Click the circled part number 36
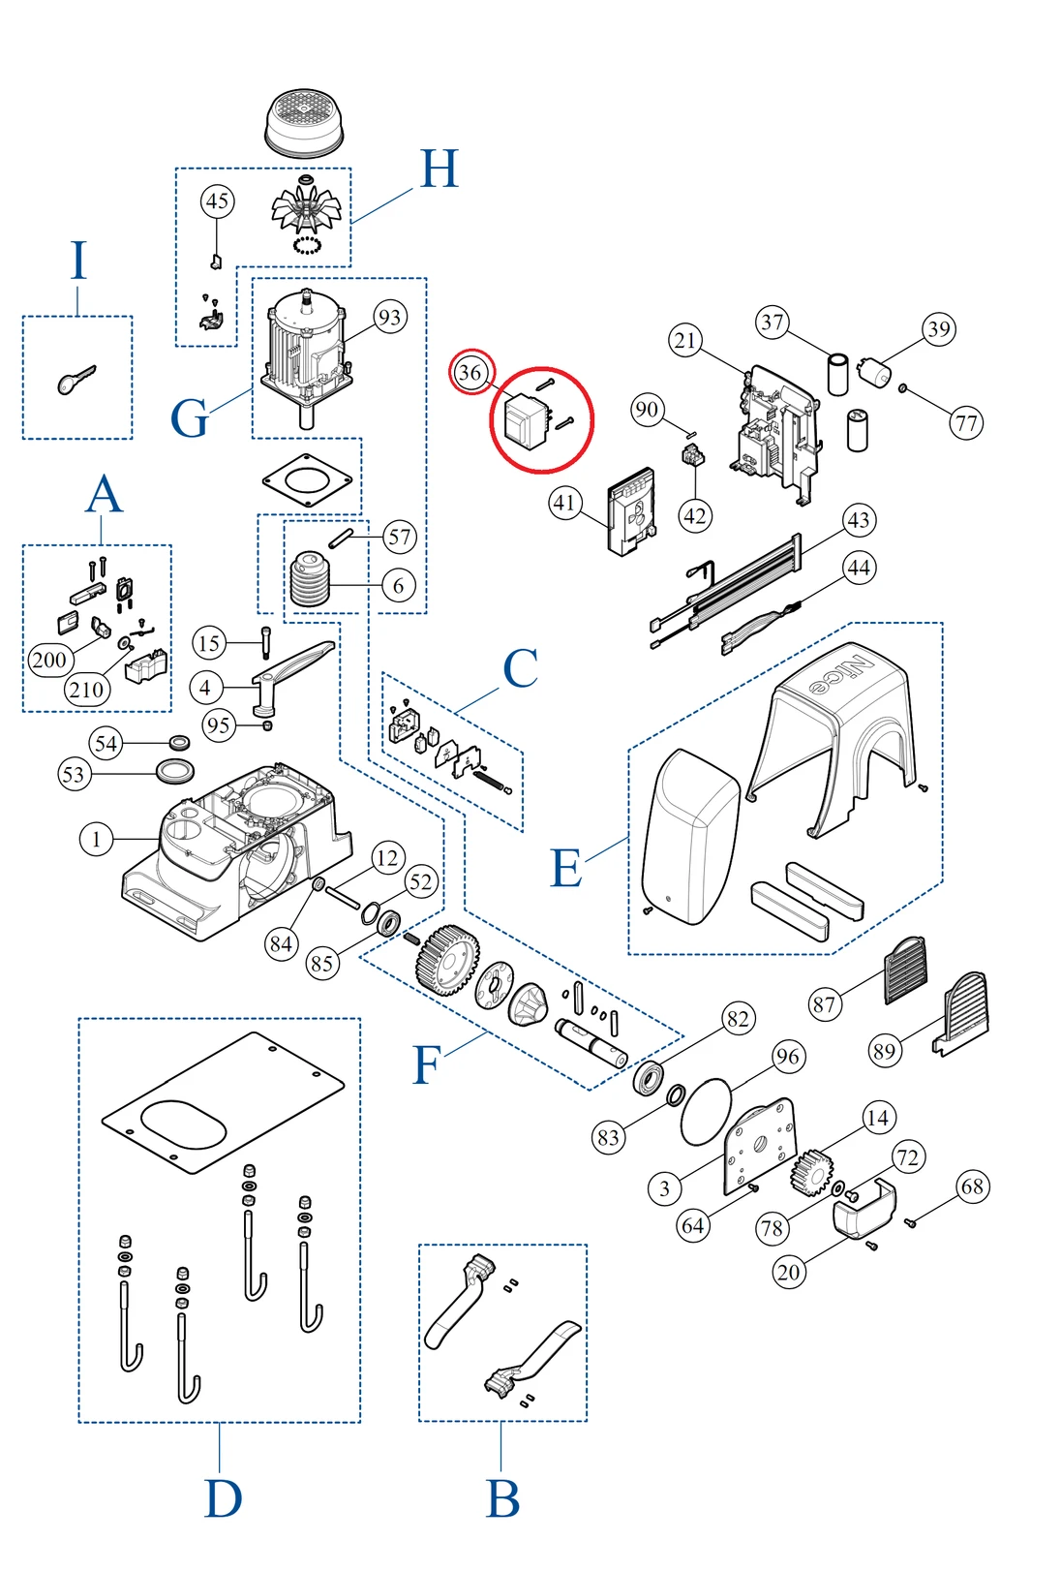click(470, 372)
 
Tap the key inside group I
click(76, 380)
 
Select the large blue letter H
click(439, 169)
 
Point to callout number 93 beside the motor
click(389, 317)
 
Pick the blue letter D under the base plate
click(223, 1499)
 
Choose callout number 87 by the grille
click(824, 1004)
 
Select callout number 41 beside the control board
click(564, 503)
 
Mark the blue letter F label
click(426, 1065)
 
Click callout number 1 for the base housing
click(96, 839)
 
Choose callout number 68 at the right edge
click(973, 1186)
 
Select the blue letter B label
click(502, 1499)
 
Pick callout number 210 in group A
click(86, 690)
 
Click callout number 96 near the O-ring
click(788, 1056)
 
